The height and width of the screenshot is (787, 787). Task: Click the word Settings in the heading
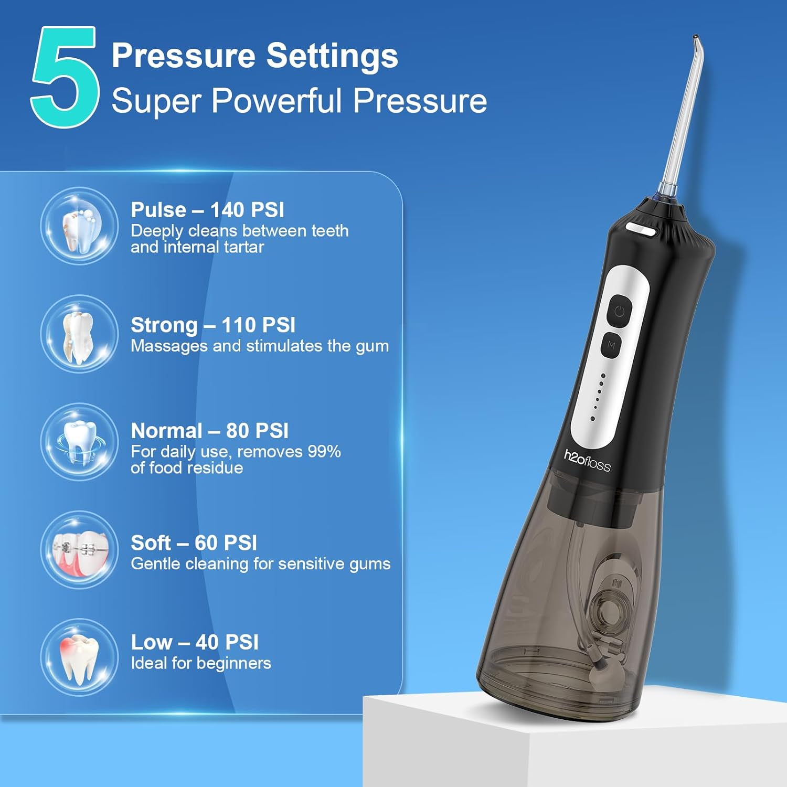coord(332,56)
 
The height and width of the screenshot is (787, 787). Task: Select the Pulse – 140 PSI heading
coord(207,210)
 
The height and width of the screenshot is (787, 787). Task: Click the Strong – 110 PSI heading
coord(213,325)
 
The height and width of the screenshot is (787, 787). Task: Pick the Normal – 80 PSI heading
coord(209,431)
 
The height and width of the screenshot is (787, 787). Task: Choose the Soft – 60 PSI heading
coord(194,543)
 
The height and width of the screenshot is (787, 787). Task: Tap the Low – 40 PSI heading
coord(195,642)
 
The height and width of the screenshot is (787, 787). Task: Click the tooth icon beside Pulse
coord(79,227)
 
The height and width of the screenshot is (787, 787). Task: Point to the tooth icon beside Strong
coord(79,334)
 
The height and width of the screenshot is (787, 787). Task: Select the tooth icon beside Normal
coord(79,442)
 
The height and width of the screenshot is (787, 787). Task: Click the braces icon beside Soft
coord(79,550)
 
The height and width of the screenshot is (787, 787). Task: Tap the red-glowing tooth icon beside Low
coord(79,657)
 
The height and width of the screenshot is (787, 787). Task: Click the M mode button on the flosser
coord(611,345)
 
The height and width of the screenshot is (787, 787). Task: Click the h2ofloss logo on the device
coord(587,461)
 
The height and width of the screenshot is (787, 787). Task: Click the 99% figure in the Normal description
coord(324,452)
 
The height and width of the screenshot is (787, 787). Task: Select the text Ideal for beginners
coord(201,663)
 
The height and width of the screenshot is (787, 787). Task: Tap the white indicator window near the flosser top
coord(642,229)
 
